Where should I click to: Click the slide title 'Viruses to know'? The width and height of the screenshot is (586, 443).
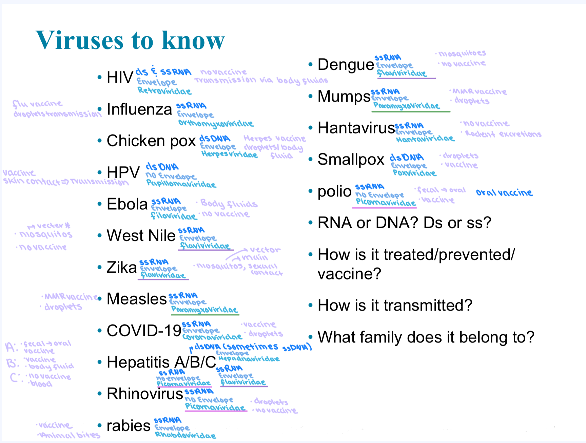point(130,40)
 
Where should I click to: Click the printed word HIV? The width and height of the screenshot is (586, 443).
point(120,77)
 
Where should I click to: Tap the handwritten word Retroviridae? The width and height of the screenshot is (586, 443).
point(164,91)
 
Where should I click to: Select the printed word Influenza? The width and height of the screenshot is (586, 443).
point(139,109)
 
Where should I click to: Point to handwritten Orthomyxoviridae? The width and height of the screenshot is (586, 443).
point(216,124)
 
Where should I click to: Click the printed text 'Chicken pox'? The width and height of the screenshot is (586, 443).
point(151,141)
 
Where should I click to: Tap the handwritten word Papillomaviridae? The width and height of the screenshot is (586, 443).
point(181,184)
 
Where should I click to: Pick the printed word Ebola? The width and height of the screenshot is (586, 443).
point(127,204)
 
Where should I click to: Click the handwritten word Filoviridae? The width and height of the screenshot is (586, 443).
point(174,216)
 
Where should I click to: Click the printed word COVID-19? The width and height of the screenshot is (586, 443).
point(144,331)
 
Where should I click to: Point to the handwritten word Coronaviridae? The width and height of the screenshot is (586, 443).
point(212,337)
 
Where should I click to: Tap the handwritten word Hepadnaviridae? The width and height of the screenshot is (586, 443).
point(249,359)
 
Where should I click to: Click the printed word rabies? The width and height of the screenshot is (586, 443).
point(128,426)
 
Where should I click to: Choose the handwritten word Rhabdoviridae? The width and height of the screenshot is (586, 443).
point(185,436)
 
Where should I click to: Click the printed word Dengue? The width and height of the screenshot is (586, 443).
point(346,64)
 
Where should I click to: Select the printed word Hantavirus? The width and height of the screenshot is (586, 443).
point(356,128)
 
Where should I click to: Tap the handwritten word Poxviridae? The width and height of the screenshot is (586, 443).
point(414,173)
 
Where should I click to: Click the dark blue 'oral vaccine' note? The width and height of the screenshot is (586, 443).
point(504,193)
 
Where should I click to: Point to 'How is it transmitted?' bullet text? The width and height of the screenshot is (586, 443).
point(395,305)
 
